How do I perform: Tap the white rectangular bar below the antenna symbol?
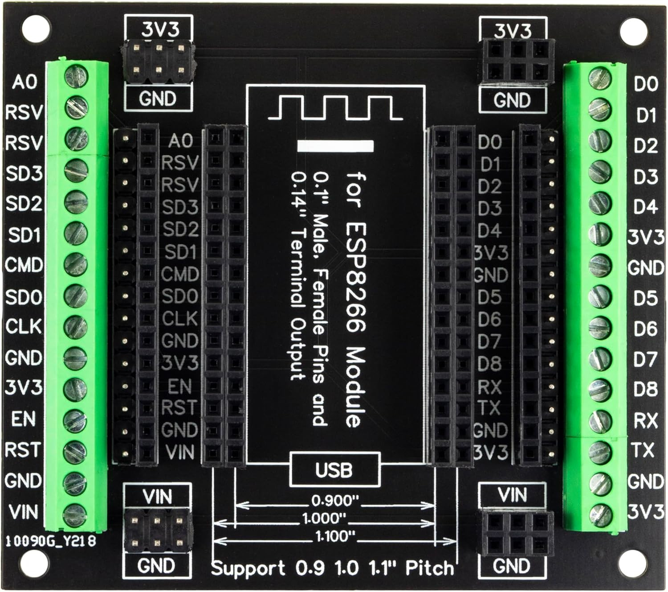[x=335, y=146]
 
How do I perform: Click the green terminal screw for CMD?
[x=75, y=264]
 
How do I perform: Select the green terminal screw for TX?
[x=599, y=452]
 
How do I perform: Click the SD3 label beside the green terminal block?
[x=24, y=173]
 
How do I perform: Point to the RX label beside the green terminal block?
[x=645, y=420]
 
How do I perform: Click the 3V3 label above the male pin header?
[x=160, y=30]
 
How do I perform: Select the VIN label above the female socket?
[x=512, y=495]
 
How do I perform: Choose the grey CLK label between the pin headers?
[x=179, y=319]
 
